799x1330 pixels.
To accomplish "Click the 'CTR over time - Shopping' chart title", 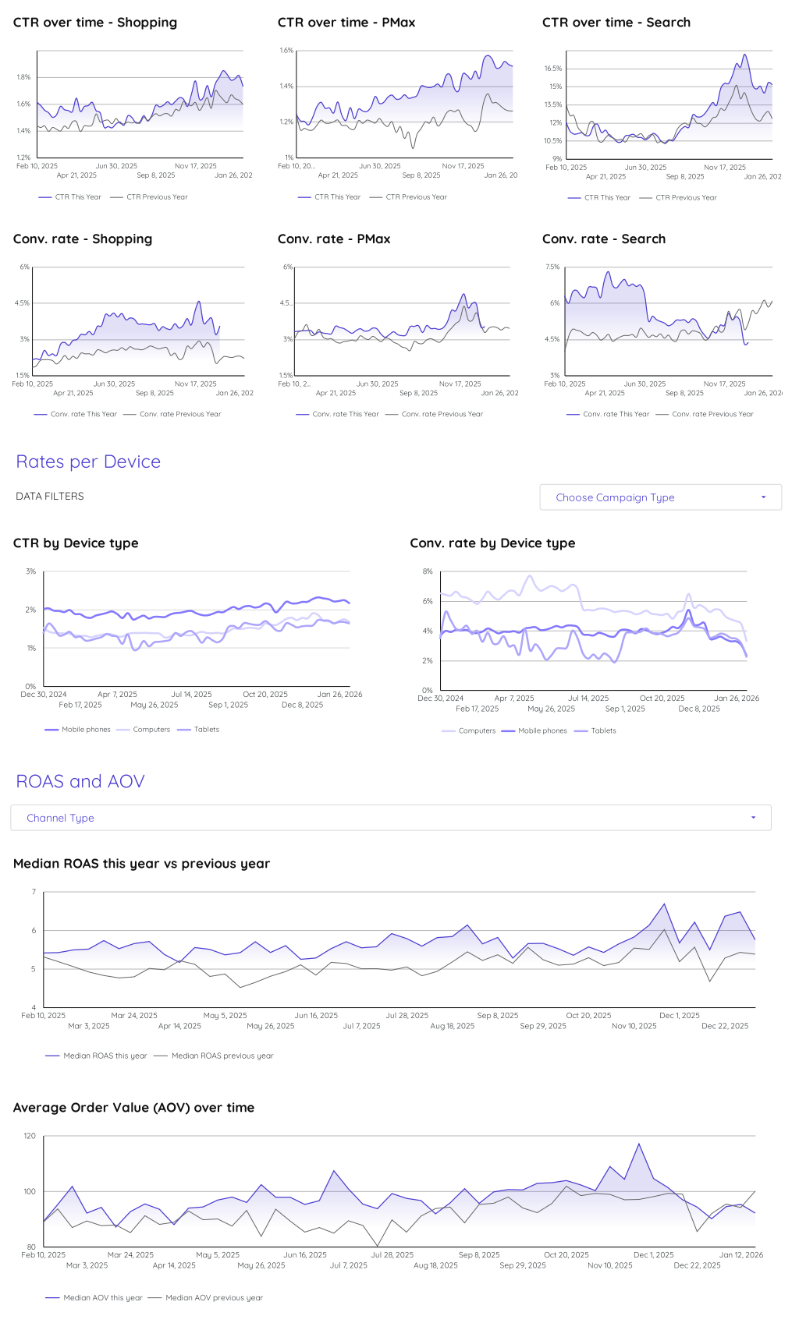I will tap(95, 23).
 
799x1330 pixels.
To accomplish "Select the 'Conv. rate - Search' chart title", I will tap(604, 239).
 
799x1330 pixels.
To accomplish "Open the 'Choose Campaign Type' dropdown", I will tap(660, 497).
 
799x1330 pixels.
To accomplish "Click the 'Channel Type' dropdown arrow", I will tap(753, 818).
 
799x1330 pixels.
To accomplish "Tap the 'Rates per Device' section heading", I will tap(88, 462).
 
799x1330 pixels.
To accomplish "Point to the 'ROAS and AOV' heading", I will tap(80, 781).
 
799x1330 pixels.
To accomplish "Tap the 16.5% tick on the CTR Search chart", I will tap(553, 69).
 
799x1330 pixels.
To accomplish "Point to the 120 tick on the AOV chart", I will tap(30, 1136).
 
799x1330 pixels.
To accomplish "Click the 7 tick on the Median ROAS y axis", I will tap(34, 892).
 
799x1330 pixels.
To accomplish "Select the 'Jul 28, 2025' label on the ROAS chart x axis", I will tap(407, 1016).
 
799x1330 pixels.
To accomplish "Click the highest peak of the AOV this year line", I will tap(639, 1144).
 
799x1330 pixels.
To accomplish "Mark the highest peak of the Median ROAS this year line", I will tap(664, 904).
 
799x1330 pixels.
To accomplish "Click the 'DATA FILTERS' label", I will tap(50, 497).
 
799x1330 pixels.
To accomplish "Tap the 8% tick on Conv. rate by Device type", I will tap(428, 571).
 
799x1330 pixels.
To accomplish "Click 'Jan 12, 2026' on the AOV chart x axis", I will tap(740, 1255).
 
